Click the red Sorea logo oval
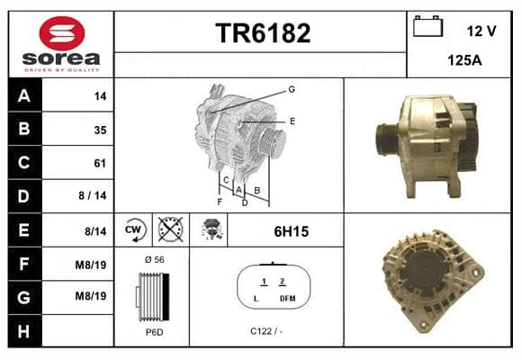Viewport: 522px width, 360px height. (62, 33)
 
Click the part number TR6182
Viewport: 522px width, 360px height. (263, 33)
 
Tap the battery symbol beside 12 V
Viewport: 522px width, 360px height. (427, 26)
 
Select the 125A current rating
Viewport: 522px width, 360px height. (464, 60)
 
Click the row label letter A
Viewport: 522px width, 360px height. (24, 96)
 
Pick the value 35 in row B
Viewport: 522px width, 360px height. (100, 130)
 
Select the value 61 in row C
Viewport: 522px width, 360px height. (100, 163)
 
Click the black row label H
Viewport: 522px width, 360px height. (23, 331)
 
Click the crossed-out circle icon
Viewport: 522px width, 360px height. (170, 229)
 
